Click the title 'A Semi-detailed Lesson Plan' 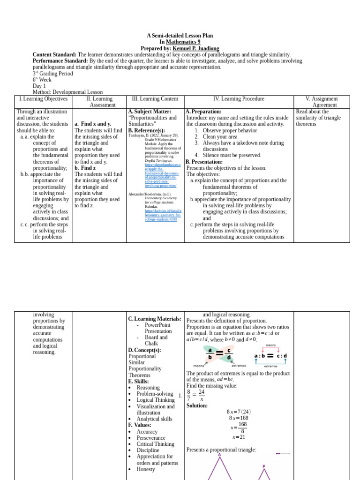coord(180,36)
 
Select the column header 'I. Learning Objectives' coord(43,99)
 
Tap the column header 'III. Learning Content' coord(155,99)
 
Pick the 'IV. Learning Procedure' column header coord(239,99)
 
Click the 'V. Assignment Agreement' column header coord(321,102)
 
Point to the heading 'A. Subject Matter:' coord(150,112)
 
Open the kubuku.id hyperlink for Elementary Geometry coord(163,215)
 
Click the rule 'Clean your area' coord(220,136)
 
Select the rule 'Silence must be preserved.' coord(232,155)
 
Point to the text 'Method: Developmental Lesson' coord(67,92)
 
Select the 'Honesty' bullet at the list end coord(145,469)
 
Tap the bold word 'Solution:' coord(197,405)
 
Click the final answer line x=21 coord(239,437)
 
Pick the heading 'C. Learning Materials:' coord(154,319)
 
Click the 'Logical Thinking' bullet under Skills coord(155,400)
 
